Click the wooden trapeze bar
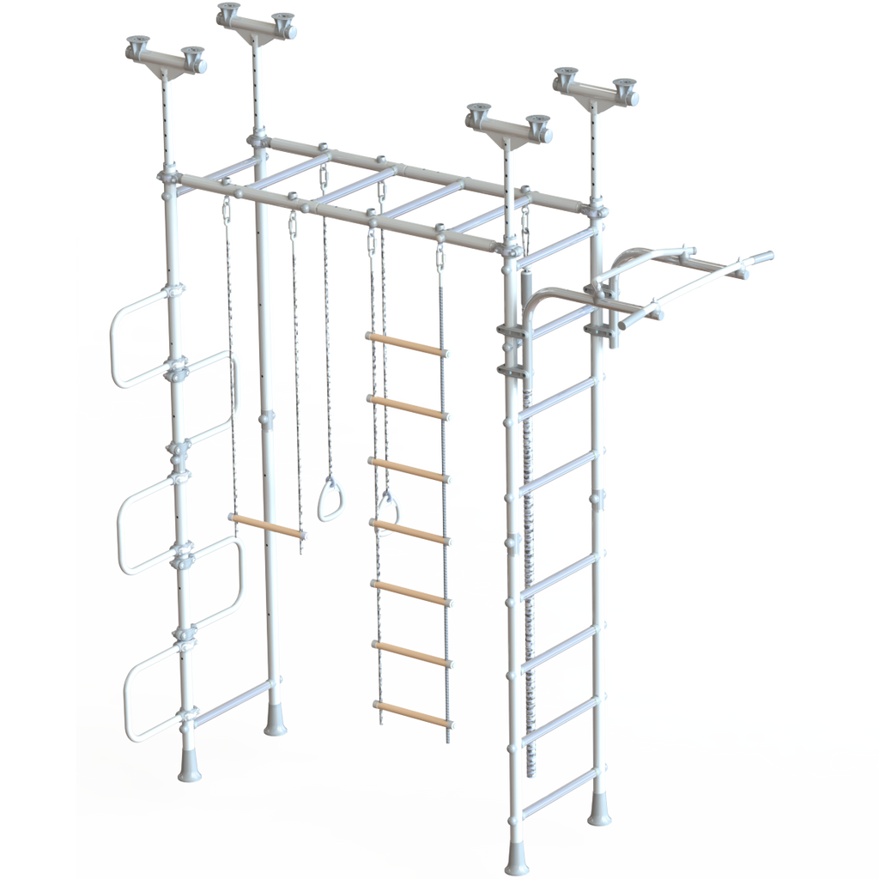coord(266,526)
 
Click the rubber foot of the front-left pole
coord(189,767)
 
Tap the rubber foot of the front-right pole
coord(517,857)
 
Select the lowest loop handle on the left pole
coord(155,695)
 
